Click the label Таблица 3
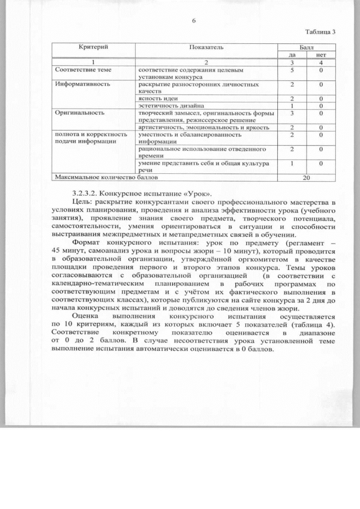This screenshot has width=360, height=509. click(x=320, y=31)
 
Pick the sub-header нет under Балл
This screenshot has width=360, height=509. click(x=321, y=54)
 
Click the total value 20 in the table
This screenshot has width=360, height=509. click(x=307, y=177)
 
